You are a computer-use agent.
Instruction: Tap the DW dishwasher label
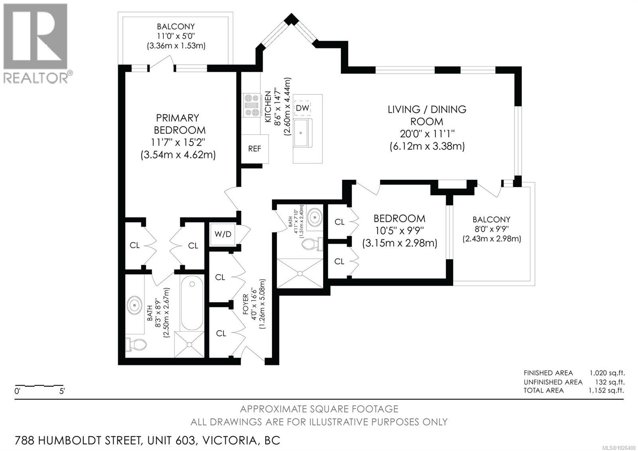click(x=302, y=108)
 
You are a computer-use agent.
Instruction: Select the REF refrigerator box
click(x=254, y=148)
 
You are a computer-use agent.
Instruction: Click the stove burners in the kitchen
click(x=251, y=105)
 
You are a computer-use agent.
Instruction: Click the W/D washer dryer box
click(x=223, y=234)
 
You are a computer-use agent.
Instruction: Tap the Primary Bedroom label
click(x=178, y=124)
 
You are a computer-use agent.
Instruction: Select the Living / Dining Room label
click(x=427, y=115)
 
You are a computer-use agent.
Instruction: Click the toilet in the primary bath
click(x=135, y=344)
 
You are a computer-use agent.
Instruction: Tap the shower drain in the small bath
click(x=299, y=273)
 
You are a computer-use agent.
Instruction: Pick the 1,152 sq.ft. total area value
click(x=606, y=390)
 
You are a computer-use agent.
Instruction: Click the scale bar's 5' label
click(x=62, y=392)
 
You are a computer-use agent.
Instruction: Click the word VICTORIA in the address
click(x=229, y=441)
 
